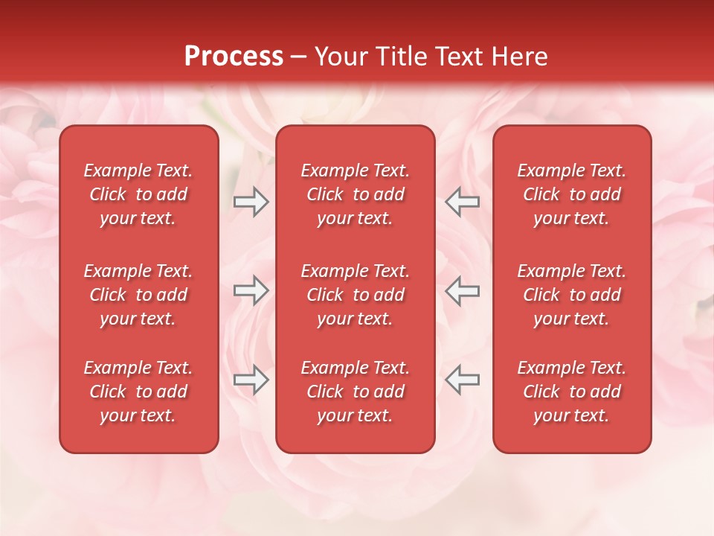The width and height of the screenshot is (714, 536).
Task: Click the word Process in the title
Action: [x=234, y=57]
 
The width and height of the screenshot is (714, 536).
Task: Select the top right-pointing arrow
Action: [x=251, y=202]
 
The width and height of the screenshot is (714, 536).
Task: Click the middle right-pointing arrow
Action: [x=251, y=290]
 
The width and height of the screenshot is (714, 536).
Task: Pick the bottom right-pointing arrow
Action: [x=251, y=380]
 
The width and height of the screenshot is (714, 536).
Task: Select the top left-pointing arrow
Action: [x=463, y=202]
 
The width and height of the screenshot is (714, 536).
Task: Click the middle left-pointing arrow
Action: [x=463, y=290]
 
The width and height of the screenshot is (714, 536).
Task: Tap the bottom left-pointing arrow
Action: [x=463, y=380]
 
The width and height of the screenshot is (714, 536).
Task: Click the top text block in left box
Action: [x=138, y=194]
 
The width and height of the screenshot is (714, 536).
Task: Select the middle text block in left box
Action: [x=138, y=295]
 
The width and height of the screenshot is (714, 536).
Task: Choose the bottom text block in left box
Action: [x=138, y=392]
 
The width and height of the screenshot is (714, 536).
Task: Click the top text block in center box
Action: [x=356, y=194]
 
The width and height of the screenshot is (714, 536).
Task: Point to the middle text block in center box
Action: [x=356, y=295]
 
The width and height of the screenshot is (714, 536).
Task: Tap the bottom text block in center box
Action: [x=356, y=392]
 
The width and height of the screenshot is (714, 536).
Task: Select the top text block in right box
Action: [x=572, y=194]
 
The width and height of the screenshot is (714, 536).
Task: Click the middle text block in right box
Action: [x=572, y=295]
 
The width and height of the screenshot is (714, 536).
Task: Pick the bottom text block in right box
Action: [x=572, y=392]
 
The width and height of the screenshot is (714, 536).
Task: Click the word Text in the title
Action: [x=460, y=57]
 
